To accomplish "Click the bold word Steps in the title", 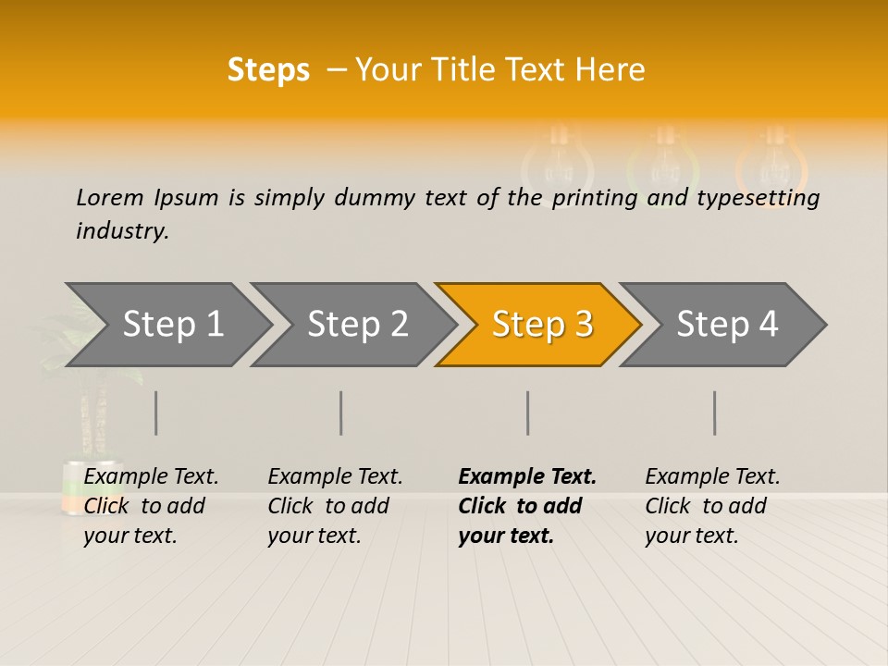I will [x=268, y=70].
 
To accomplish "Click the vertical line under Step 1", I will [x=155, y=413].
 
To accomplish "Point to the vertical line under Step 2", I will [x=341, y=413].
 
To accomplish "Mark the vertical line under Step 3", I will [x=527, y=413].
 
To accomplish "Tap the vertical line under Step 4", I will [x=714, y=413].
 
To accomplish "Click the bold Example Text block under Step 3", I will [x=527, y=506].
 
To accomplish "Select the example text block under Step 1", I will [x=151, y=506].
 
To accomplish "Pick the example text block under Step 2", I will [x=335, y=506].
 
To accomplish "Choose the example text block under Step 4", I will [x=712, y=506].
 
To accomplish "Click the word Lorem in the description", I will [x=110, y=197].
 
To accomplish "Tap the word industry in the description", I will [x=121, y=231].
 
